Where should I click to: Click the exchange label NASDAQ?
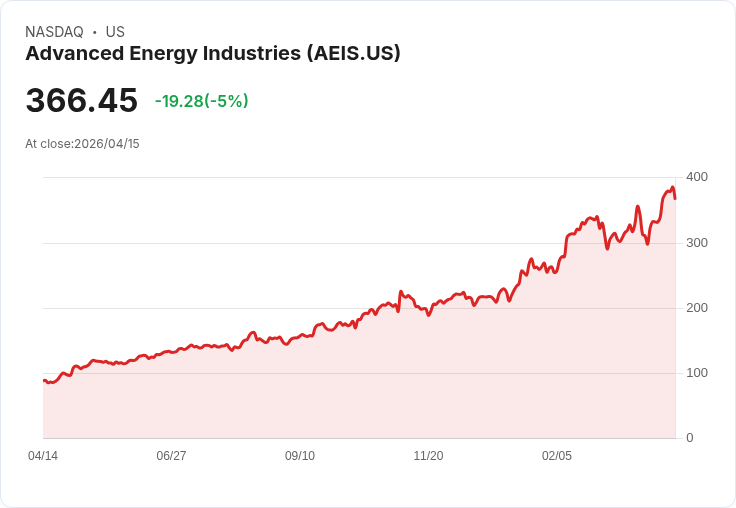(x=54, y=32)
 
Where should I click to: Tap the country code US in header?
(x=115, y=32)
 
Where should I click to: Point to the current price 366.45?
(x=81, y=101)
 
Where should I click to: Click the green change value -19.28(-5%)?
(x=201, y=101)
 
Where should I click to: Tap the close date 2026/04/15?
(x=107, y=144)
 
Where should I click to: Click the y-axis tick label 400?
(x=696, y=177)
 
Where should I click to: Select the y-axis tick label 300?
(x=696, y=243)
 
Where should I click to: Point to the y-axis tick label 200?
(x=696, y=308)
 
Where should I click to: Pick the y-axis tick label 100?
(x=696, y=373)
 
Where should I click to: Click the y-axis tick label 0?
(x=689, y=438)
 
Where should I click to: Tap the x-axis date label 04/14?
(x=43, y=456)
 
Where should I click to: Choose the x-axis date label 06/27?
(x=171, y=456)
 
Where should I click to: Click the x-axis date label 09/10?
(x=300, y=456)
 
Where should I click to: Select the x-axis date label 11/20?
(x=428, y=456)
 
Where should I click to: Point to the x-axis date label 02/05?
(x=557, y=456)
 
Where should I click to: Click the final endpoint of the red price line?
(x=675, y=198)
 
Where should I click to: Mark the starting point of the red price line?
(x=44, y=380)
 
